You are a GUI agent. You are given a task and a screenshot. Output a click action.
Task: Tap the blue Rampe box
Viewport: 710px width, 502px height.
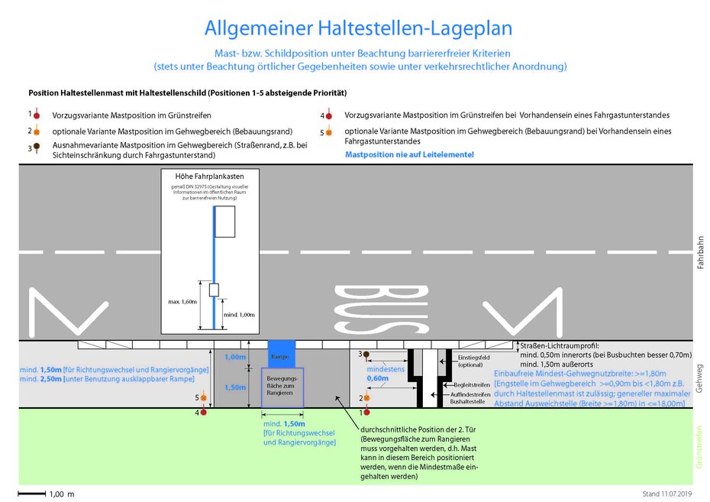(280, 355)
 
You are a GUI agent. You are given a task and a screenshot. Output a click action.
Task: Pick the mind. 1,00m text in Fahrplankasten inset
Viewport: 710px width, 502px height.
(236, 315)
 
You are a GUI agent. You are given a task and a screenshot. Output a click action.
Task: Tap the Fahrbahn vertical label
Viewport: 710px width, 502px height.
(700, 251)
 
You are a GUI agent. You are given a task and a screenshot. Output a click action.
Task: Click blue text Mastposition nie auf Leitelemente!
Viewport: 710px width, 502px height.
(409, 154)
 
